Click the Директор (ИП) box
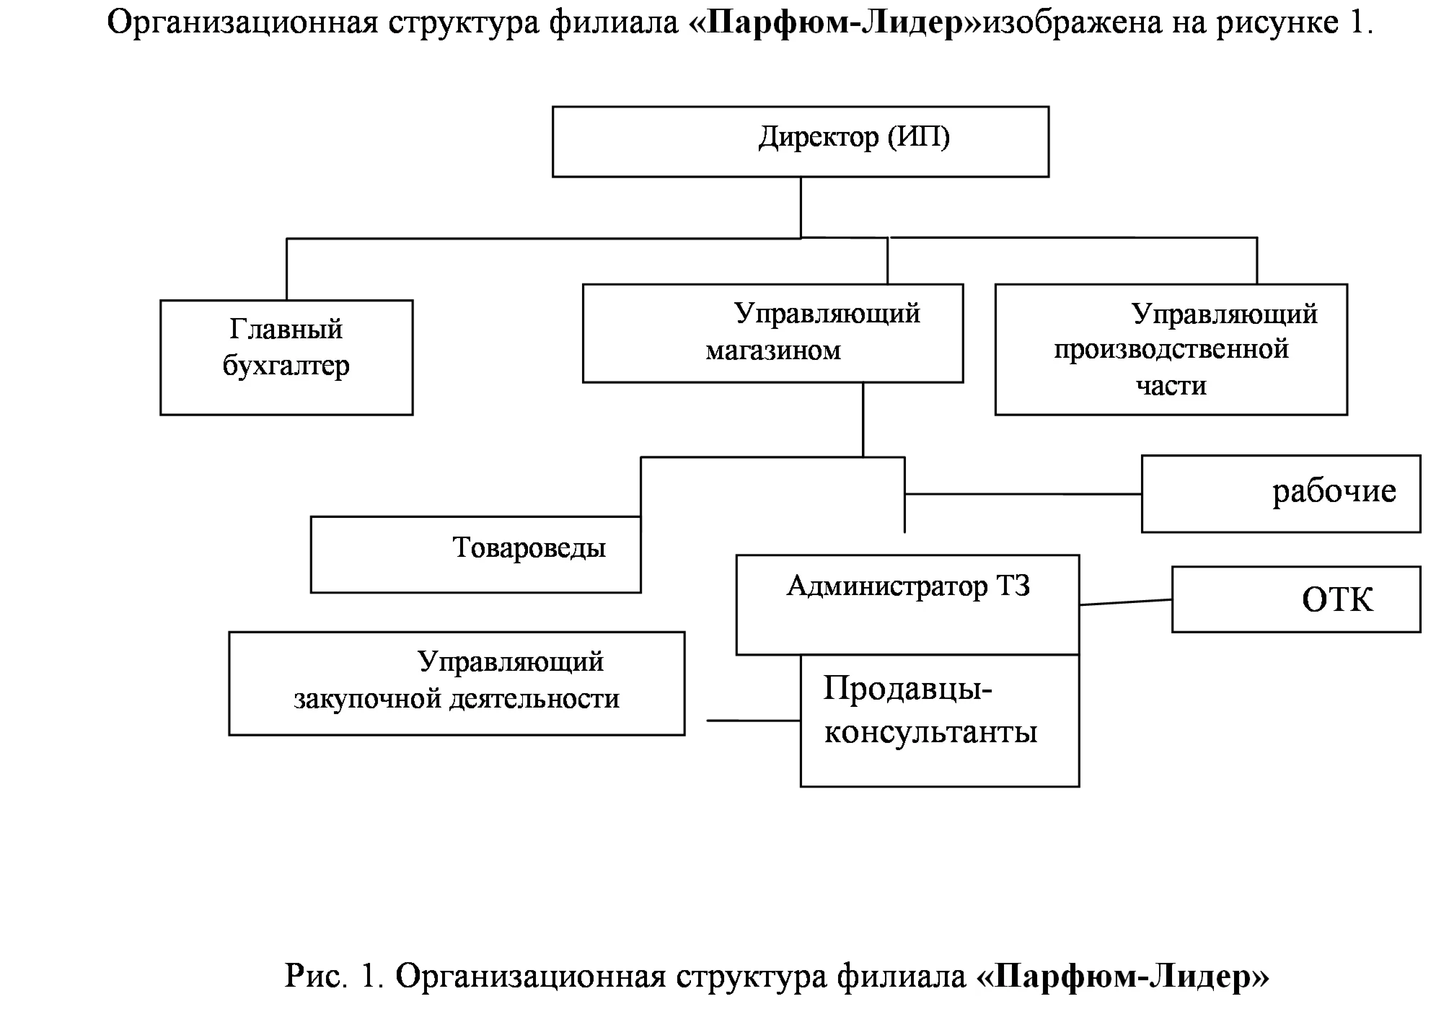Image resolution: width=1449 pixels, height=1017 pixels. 801,141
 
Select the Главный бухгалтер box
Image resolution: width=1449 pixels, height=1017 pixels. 286,358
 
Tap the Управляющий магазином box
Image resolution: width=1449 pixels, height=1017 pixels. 772,333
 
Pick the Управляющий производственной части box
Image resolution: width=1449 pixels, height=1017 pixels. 1171,349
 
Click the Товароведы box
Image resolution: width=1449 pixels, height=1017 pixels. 476,555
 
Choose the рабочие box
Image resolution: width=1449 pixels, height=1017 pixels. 1281,494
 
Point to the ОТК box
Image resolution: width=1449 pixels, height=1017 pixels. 1296,599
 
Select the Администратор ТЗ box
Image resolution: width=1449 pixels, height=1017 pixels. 907,604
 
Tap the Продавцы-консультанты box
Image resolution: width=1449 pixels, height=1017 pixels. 940,721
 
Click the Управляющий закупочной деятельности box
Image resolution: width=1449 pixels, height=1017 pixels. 457,684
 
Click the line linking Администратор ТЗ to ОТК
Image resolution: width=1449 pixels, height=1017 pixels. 1126,602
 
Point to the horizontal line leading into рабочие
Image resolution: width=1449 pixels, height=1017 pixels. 1023,494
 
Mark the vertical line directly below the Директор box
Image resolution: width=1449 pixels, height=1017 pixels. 801,208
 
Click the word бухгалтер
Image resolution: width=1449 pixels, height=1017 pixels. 286,366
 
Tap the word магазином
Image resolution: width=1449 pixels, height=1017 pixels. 773,351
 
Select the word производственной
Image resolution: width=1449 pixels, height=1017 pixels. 1171,350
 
